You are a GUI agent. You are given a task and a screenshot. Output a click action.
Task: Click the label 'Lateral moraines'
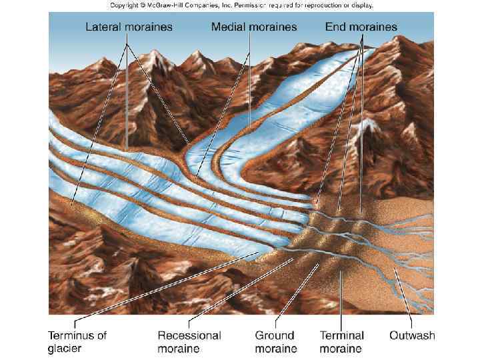[129, 27]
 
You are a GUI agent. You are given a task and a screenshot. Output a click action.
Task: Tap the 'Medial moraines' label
[254, 27]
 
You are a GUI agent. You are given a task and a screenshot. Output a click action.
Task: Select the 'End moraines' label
[361, 27]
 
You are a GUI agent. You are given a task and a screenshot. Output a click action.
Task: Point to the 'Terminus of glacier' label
[77, 342]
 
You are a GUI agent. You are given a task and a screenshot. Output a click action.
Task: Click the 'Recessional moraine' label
[189, 342]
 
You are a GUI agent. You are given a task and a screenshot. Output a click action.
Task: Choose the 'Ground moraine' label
[275, 342]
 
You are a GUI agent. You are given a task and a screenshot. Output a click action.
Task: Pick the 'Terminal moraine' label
[341, 342]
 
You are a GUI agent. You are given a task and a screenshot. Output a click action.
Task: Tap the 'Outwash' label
[412, 335]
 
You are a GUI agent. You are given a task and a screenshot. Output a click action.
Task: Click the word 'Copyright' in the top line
[124, 5]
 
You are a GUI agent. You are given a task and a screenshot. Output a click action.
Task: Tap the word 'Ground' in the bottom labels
[275, 335]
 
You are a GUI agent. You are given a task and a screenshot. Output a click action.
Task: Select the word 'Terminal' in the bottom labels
[341, 335]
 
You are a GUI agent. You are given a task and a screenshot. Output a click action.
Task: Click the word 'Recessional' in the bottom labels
[189, 335]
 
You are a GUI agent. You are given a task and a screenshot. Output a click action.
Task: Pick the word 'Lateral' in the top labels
[105, 27]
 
